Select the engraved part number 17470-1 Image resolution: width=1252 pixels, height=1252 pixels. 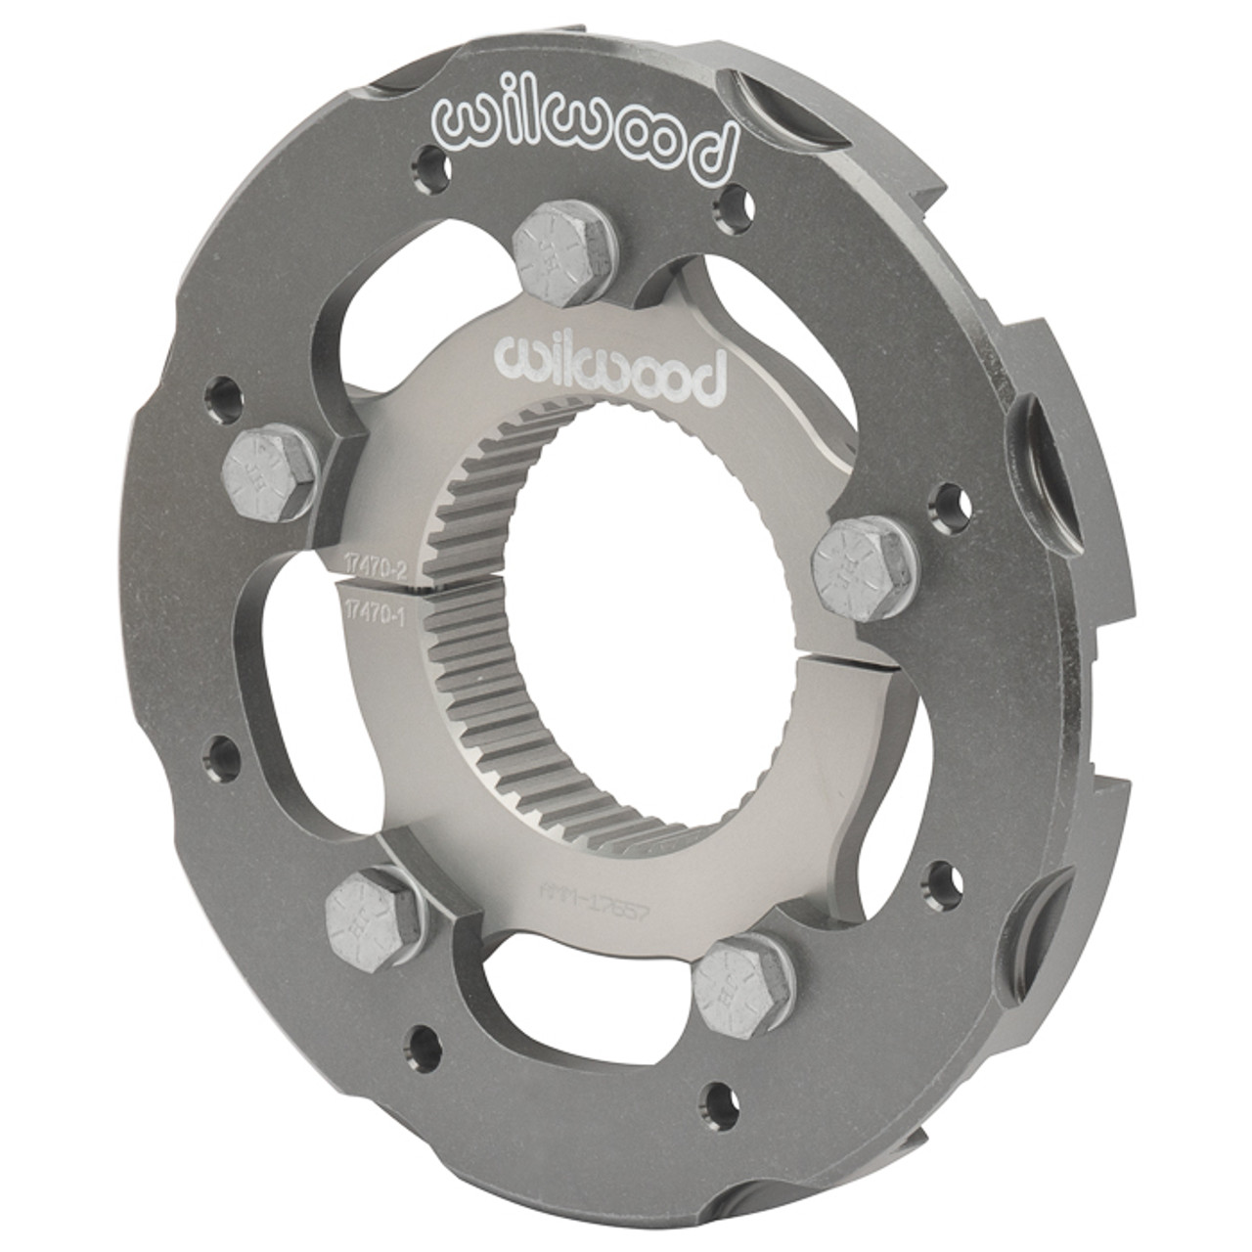pos(376,607)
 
